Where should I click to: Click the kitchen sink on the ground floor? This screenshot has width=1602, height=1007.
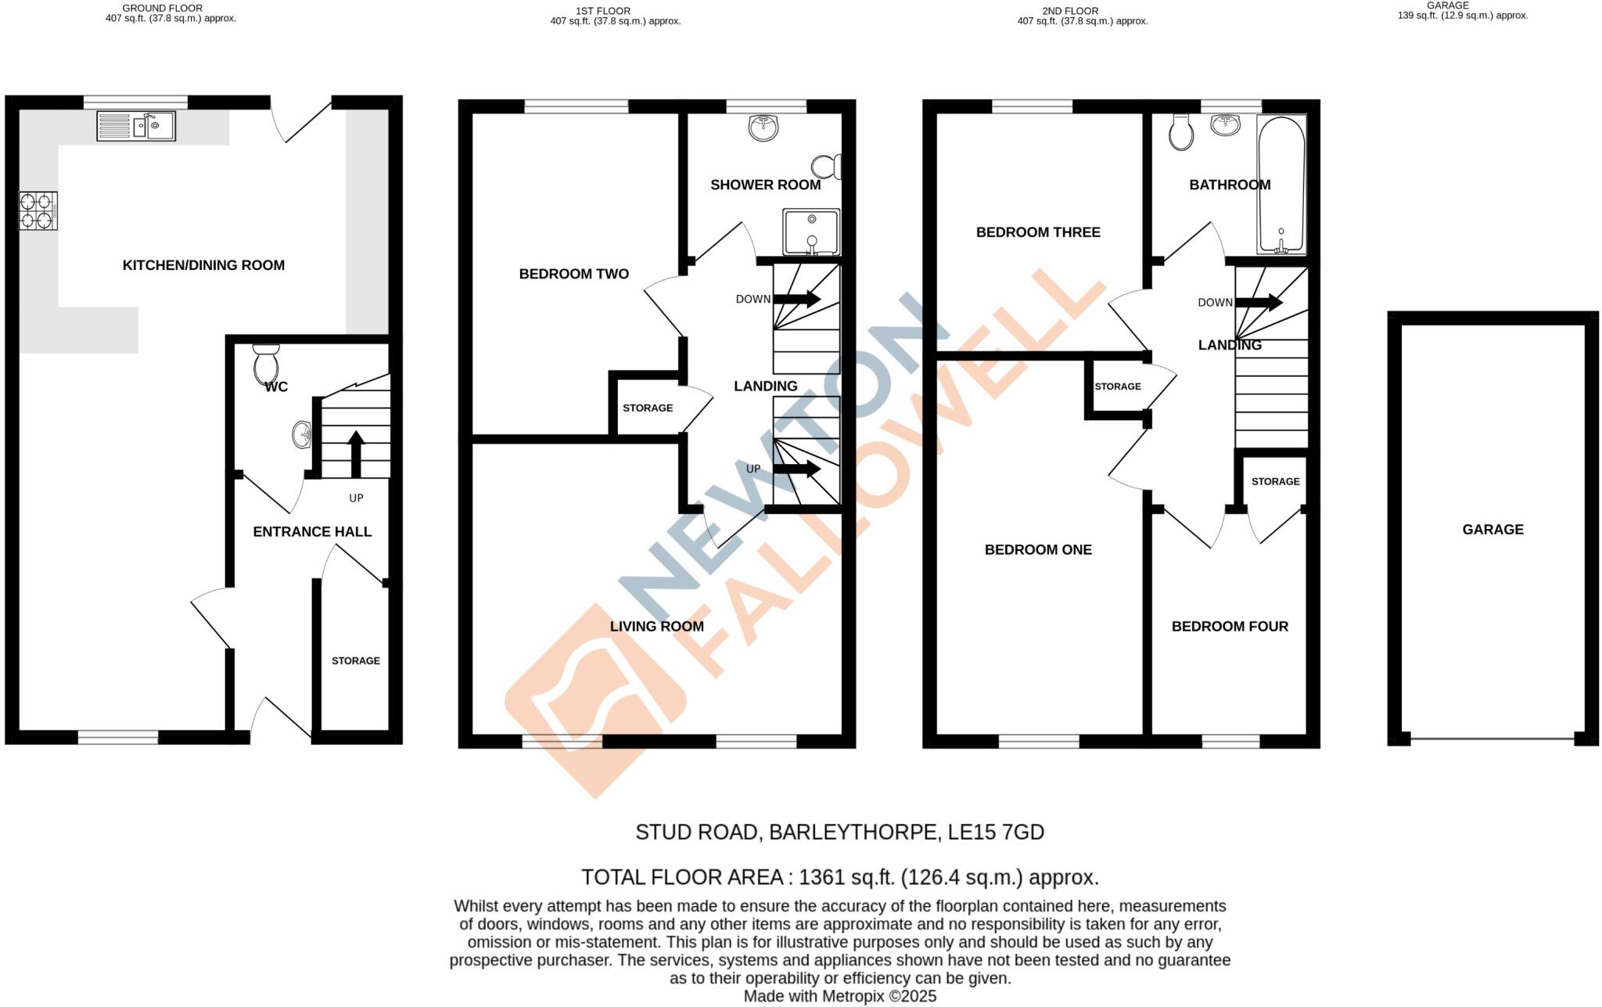(x=136, y=126)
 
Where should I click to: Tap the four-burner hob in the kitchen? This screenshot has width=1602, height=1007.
(x=38, y=211)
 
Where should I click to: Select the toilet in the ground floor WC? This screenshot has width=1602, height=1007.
(x=266, y=363)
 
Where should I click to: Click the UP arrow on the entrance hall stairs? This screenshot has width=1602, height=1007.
(x=356, y=453)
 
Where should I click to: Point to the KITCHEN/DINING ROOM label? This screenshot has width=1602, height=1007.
(x=203, y=265)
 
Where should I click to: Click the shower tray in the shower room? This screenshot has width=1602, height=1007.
(x=811, y=232)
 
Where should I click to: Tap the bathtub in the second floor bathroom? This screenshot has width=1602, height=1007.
(x=1281, y=185)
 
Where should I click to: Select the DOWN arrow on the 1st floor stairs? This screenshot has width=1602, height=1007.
(x=796, y=299)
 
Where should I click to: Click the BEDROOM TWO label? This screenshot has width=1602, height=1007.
(x=573, y=274)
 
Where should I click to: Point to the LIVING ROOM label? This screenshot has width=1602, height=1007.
(x=656, y=626)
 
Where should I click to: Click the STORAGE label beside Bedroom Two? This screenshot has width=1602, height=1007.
(x=647, y=408)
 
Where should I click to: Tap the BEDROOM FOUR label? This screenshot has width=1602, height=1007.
(x=1229, y=626)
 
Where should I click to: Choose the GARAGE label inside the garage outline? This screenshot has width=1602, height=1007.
(x=1492, y=530)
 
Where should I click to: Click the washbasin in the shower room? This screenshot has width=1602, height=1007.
(x=763, y=128)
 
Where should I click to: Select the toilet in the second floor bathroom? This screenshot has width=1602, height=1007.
(x=1180, y=133)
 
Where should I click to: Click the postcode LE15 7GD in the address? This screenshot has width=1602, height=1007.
(x=996, y=832)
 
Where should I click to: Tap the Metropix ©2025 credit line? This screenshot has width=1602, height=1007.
(x=839, y=996)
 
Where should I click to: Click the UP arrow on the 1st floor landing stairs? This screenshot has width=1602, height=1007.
(x=796, y=469)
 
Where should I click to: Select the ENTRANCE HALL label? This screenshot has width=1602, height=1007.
(x=312, y=532)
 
